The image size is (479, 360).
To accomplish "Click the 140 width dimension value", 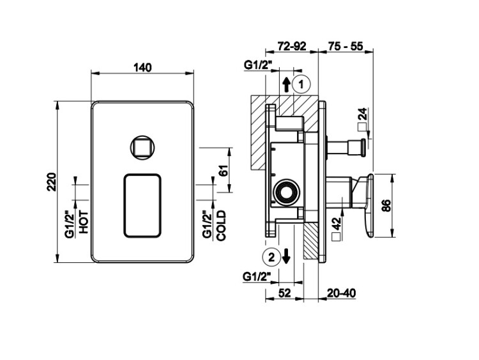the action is click(142, 67).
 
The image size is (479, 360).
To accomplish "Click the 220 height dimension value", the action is click(52, 182).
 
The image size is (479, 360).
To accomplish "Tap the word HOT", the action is click(84, 223).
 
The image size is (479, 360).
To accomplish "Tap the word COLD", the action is click(221, 226).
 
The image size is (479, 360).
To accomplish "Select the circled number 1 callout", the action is click(301, 84).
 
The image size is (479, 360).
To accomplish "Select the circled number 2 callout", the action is click(272, 257).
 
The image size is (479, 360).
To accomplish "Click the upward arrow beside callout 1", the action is click(286, 84).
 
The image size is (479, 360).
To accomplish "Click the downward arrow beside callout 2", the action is click(286, 256).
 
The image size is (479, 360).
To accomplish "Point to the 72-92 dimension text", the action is click(292, 46).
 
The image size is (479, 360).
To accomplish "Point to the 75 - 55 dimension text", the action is click(346, 46).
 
